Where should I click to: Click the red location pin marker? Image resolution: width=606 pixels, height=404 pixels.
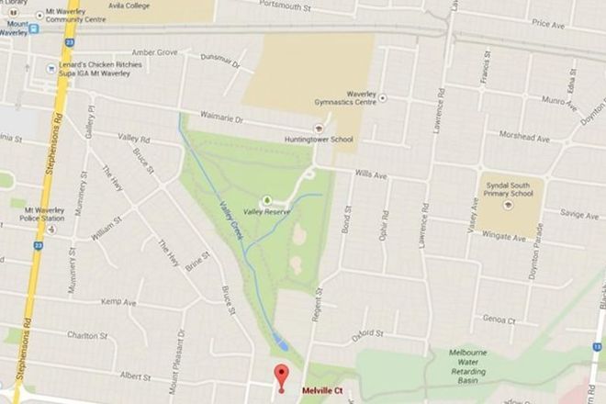[282, 376]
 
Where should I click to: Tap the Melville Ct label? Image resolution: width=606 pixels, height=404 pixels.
[322, 390]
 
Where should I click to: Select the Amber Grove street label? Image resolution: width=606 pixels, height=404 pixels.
[153, 52]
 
